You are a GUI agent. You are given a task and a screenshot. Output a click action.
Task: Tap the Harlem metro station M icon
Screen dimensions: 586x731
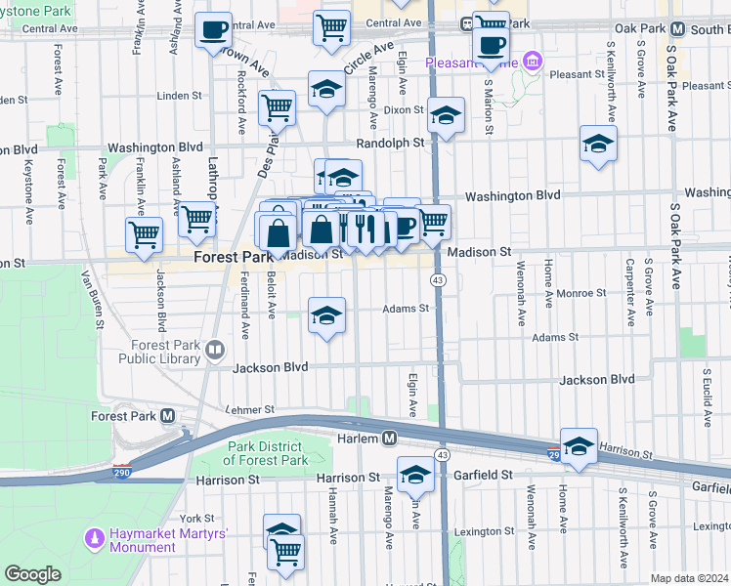(389, 439)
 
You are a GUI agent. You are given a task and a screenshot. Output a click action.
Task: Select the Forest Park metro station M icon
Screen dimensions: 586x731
(168, 415)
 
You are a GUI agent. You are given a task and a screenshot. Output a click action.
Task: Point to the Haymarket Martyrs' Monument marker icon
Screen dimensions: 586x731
(95, 537)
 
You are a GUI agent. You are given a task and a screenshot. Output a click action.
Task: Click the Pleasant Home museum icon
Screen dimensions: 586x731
(532, 63)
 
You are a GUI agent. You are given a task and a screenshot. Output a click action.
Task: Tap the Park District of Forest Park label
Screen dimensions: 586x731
(267, 453)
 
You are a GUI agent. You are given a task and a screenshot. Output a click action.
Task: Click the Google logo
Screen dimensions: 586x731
(32, 574)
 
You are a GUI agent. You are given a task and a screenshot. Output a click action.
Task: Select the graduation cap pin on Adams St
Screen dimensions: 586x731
(327, 314)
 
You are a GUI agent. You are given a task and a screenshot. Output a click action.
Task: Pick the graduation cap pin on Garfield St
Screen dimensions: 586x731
(415, 476)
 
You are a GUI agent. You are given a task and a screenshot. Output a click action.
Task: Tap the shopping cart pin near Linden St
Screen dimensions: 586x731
(278, 106)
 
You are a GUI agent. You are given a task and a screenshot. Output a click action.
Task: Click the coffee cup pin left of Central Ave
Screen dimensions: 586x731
(212, 30)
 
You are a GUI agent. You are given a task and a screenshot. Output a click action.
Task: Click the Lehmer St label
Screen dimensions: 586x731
(252, 410)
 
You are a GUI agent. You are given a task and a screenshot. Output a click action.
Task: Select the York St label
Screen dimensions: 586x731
(196, 518)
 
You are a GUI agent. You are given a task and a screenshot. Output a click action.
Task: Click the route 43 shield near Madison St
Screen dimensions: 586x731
(438, 280)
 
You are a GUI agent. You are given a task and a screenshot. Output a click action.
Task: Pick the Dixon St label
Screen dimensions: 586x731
(404, 111)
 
